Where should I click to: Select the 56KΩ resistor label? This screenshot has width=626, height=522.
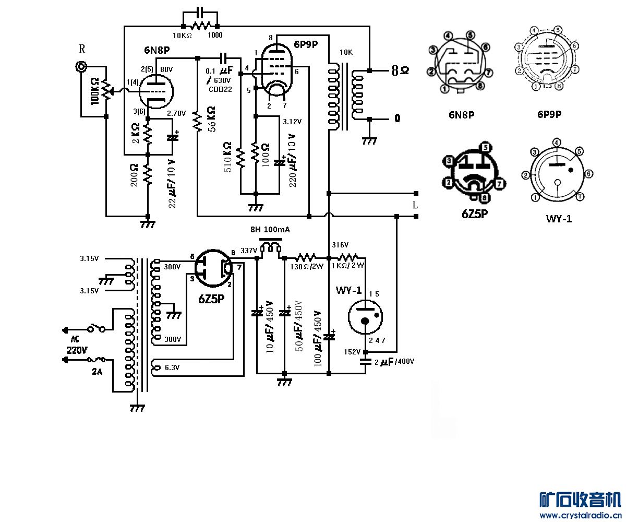pyautogui.click(x=211, y=120)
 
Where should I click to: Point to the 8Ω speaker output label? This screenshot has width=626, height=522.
pyautogui.click(x=400, y=70)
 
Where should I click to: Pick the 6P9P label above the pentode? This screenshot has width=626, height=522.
pyautogui.click(x=306, y=44)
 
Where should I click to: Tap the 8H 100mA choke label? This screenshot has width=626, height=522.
pyautogui.click(x=270, y=230)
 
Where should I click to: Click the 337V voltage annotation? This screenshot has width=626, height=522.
pyautogui.click(x=248, y=251)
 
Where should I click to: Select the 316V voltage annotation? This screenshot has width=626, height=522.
pyautogui.click(x=340, y=245)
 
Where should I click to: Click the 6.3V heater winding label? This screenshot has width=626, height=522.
pyautogui.click(x=172, y=367)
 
